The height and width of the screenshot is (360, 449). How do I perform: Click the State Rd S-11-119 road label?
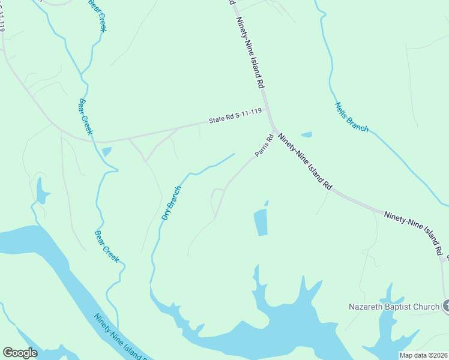235,116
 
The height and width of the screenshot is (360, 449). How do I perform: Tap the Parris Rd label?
264,146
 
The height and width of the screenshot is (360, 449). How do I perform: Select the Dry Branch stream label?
171,203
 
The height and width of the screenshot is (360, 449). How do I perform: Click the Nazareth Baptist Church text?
394,307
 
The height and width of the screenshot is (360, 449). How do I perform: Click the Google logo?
20,353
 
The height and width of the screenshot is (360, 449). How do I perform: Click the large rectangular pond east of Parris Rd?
261,223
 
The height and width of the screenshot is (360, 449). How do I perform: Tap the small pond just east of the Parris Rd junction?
306,134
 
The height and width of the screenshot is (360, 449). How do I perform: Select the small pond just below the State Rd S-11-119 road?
106,152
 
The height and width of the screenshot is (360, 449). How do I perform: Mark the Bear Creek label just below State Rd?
85,116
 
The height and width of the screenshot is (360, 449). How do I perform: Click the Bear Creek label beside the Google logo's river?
107,247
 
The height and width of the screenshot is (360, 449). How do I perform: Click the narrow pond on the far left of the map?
41,190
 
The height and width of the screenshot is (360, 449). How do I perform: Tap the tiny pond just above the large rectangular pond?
266,203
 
